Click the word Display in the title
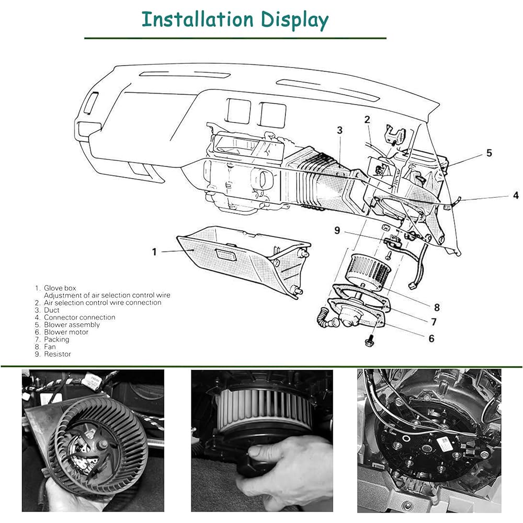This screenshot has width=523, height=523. pos(294,21)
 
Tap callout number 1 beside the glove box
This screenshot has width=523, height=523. pos(154,252)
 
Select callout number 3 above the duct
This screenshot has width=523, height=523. pos(339,130)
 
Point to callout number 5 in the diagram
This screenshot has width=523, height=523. pos(489,153)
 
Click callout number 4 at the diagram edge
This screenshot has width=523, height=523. pos(516,195)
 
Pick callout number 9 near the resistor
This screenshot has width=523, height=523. pos(337,230)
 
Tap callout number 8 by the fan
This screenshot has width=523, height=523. pos(437,307)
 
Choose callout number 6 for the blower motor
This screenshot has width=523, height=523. pos(431,338)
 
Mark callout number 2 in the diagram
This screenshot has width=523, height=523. pos(367,119)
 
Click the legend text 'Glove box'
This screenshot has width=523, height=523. pos(60,288)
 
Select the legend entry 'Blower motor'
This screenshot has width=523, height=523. pos(66,332)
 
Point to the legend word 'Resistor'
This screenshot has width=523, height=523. pos(58,354)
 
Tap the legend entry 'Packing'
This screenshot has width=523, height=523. pos(56,339)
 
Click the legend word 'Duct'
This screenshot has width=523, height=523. pos(52,310)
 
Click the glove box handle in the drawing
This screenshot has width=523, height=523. pos(226,255)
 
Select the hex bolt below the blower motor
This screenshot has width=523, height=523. pos(369,341)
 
